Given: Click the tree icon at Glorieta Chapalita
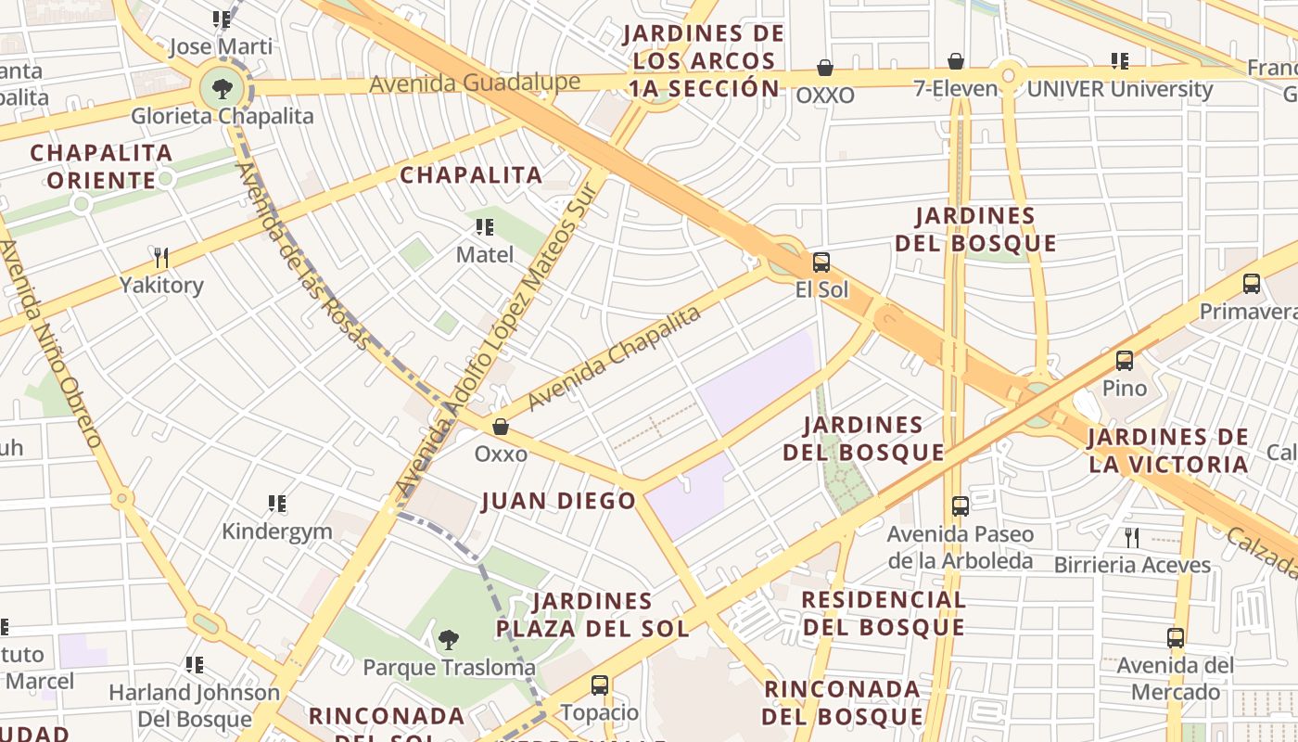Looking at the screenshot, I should [222, 89].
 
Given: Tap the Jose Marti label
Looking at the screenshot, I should [221, 46].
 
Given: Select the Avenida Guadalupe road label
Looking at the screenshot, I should [475, 83].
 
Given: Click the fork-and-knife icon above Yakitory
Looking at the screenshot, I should [161, 257].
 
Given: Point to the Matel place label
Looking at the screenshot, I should [485, 254].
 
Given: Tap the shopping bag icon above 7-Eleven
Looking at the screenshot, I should [956, 62].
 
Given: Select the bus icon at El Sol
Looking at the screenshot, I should [821, 262].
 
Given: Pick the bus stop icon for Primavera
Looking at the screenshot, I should [1252, 284].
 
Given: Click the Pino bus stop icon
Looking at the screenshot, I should [1125, 361].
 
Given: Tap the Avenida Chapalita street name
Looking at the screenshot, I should [613, 359].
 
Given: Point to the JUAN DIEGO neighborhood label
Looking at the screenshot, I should [559, 502].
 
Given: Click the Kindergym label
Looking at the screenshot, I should [276, 531].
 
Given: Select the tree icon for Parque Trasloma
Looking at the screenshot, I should [449, 639].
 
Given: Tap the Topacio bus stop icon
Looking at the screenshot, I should [600, 685].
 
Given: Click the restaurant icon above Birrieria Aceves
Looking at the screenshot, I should [1132, 537].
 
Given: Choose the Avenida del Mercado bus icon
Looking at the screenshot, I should [1176, 638].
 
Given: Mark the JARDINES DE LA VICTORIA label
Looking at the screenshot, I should [1168, 451].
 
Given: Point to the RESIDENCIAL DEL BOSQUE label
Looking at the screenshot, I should [884, 613].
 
